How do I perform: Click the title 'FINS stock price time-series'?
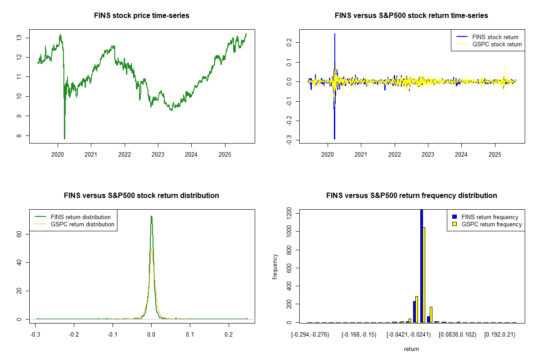tap(141, 16)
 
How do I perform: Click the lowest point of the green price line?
tap(64, 139)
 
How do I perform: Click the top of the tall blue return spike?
tap(335, 34)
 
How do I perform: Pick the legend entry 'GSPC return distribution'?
tap(82, 224)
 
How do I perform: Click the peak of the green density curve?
tap(151, 216)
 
